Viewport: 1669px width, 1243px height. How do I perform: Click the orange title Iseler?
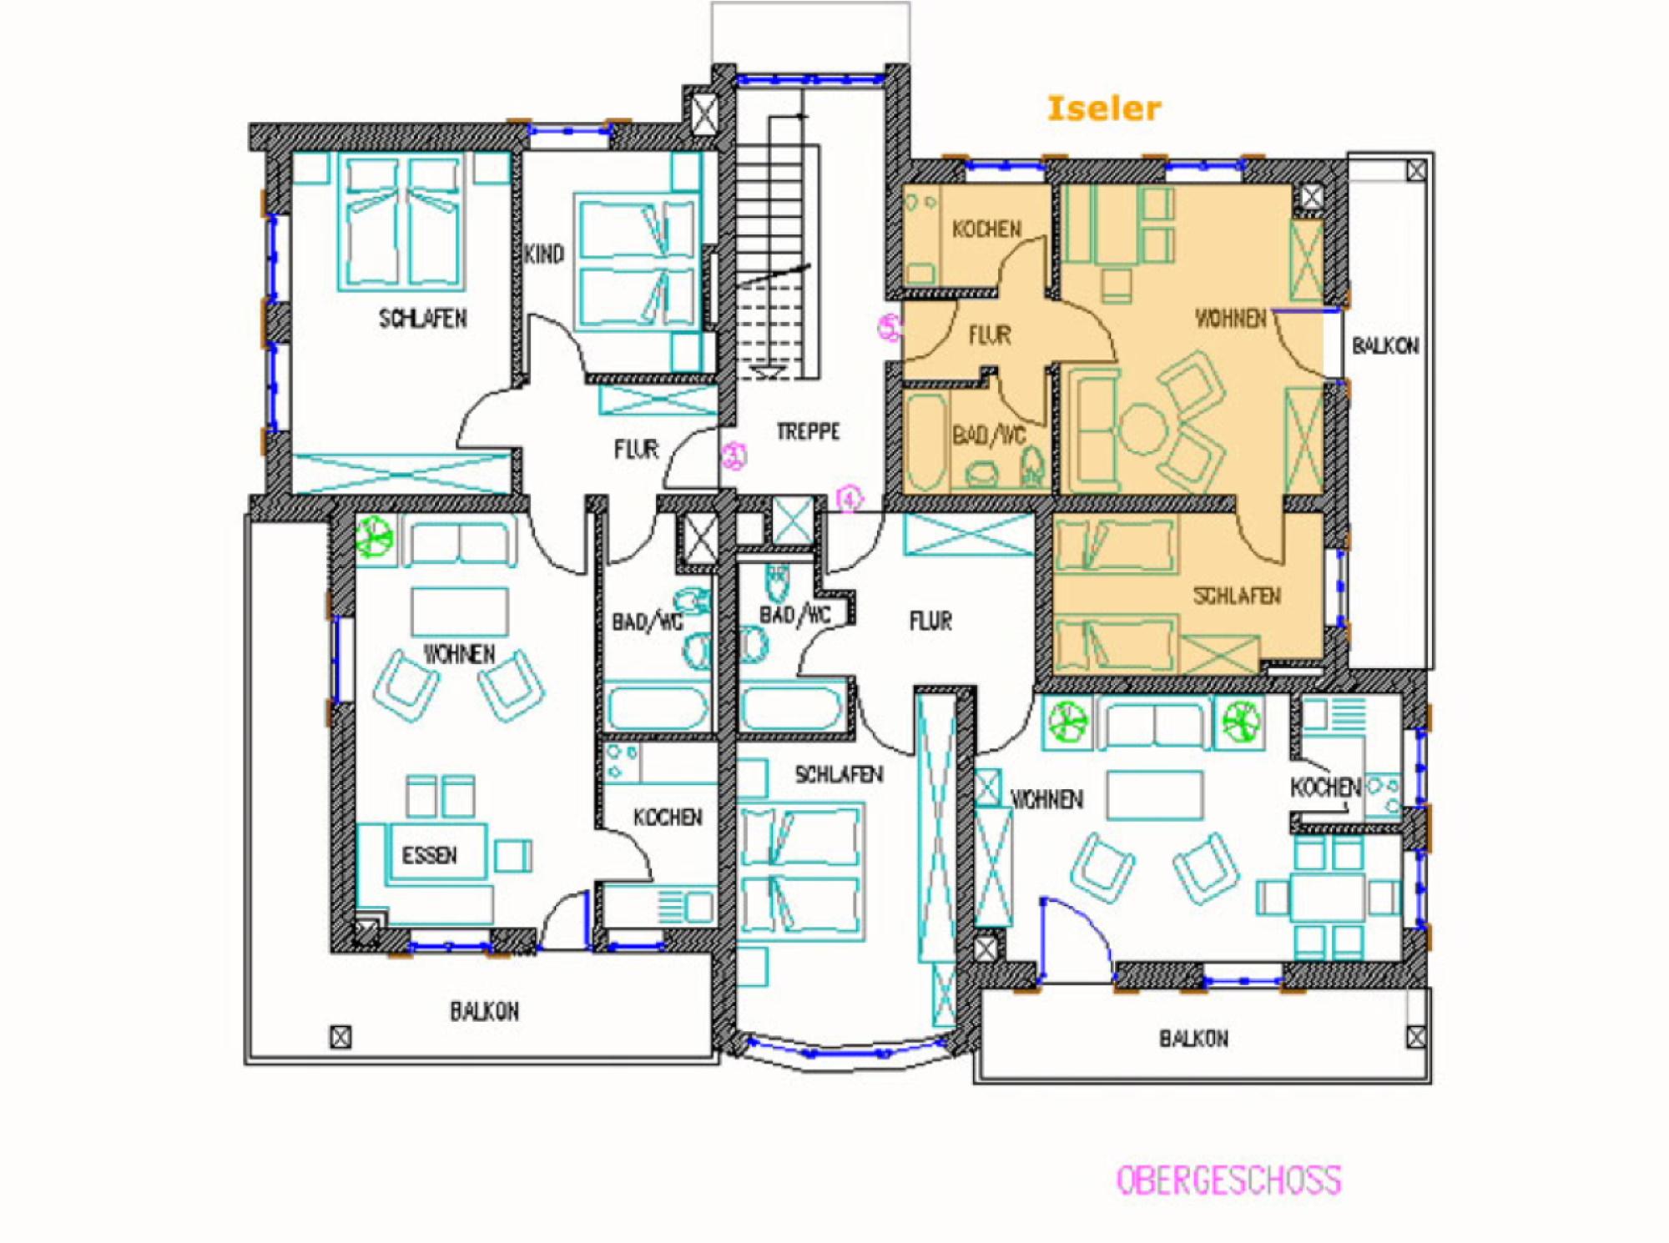click(x=1103, y=108)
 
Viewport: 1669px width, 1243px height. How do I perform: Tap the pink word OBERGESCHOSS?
click(x=1229, y=1180)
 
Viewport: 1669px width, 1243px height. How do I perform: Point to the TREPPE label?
click(x=808, y=431)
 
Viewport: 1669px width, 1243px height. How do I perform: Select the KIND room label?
click(x=544, y=254)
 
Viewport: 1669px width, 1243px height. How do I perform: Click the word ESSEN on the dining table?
click(x=430, y=855)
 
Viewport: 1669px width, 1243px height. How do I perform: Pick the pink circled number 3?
click(x=734, y=455)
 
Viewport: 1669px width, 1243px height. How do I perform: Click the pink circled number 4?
click(x=850, y=500)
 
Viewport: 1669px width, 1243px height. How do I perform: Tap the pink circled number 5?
click(x=890, y=327)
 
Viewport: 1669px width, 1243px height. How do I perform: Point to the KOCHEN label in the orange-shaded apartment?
click(x=986, y=229)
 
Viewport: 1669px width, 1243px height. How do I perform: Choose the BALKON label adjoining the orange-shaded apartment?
click(x=1385, y=345)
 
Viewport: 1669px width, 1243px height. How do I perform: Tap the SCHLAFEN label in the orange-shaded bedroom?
click(x=1237, y=596)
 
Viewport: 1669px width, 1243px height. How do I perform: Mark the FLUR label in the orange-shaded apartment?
click(x=990, y=335)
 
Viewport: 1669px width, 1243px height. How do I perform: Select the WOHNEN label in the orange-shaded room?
click(x=1231, y=318)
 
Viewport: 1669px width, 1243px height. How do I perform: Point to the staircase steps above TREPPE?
click(x=777, y=250)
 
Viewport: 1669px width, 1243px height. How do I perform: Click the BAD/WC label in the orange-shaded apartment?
click(x=989, y=435)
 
